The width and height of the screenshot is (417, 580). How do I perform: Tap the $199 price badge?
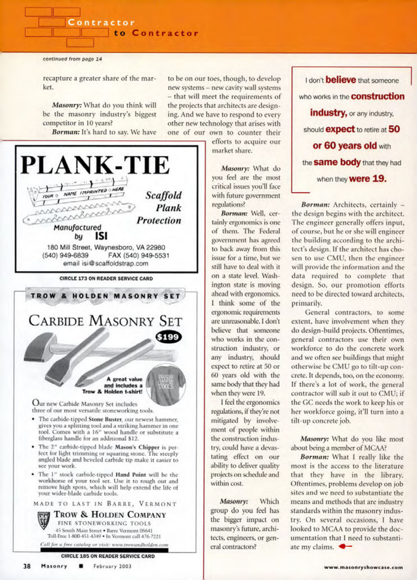pos(169,337)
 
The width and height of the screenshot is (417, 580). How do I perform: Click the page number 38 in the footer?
pos(27,566)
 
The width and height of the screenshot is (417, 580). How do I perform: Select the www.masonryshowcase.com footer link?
pos(363,567)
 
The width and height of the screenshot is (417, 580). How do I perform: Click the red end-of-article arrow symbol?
pos(345,547)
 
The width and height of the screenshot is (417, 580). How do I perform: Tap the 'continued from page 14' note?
pos(72,59)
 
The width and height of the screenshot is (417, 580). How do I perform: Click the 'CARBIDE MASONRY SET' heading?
pos(105,321)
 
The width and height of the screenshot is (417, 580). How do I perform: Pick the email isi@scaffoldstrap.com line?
pos(106,263)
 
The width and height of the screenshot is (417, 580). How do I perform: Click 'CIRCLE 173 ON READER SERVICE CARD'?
pos(106,278)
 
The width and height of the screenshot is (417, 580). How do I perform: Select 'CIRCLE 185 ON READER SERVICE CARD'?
pos(108,556)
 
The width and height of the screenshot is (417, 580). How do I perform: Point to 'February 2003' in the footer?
pos(112,566)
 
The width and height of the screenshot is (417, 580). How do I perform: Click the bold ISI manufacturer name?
pos(101,236)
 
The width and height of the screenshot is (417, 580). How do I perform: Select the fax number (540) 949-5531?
pos(139,255)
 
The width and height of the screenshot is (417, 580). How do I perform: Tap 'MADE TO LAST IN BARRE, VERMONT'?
pos(105,504)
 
